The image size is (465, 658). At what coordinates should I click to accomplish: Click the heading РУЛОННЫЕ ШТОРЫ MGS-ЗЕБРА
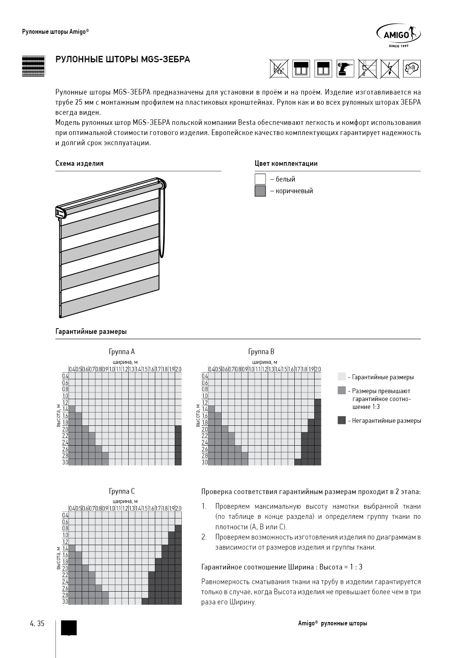123,59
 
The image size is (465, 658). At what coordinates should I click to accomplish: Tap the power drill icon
345,69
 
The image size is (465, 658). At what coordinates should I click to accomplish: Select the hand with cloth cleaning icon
412,69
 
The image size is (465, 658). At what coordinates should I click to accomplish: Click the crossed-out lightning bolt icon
390,69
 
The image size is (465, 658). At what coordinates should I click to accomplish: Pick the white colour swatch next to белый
260,179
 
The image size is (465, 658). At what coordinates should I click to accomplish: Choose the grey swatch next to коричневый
260,191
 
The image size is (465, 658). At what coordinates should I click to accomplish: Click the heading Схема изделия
79,164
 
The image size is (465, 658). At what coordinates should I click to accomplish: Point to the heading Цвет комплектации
286,164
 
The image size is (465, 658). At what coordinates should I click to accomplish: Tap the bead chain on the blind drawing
162,225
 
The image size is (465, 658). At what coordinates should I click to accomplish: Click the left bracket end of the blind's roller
60,212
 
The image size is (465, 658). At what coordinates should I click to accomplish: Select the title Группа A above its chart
121,352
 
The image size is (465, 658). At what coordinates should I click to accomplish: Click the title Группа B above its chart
261,352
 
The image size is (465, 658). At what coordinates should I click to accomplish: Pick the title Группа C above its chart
121,491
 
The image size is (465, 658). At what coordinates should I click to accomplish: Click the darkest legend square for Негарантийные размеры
341,420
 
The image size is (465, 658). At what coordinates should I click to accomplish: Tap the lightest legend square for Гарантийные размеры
341,377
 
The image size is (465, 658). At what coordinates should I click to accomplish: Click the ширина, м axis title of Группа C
125,501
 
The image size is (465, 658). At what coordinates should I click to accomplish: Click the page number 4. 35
37,623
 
